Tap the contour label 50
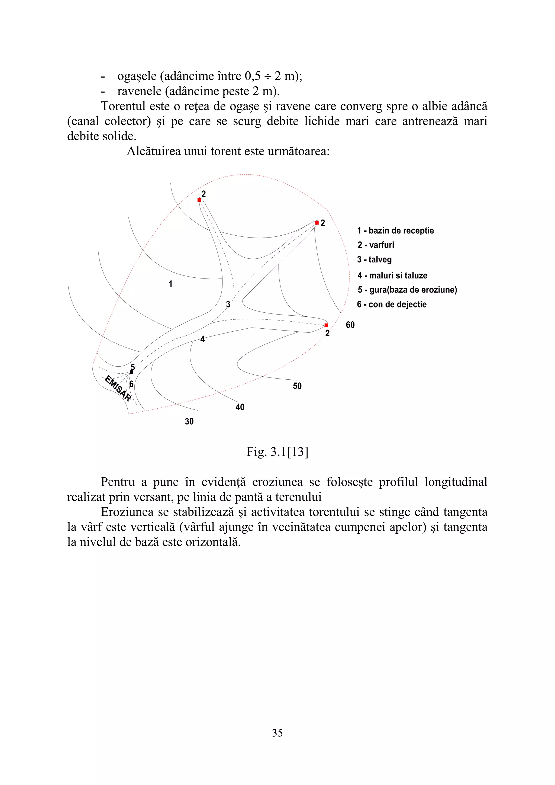pos(297,386)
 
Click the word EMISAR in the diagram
pos(118,389)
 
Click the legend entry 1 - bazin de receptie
pos(395,231)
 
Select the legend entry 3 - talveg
pos(374,259)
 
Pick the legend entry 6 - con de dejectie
pos(392,305)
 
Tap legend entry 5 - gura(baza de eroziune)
pos(407,290)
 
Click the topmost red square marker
pos(199,200)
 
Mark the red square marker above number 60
pos(326,325)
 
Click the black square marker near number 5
pos(132,372)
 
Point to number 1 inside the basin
pos(170,284)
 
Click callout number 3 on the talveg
pos(228,304)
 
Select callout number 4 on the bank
pos(202,339)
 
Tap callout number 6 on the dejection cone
pos(131,384)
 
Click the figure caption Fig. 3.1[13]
pos(277,452)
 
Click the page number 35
pos(277,733)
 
